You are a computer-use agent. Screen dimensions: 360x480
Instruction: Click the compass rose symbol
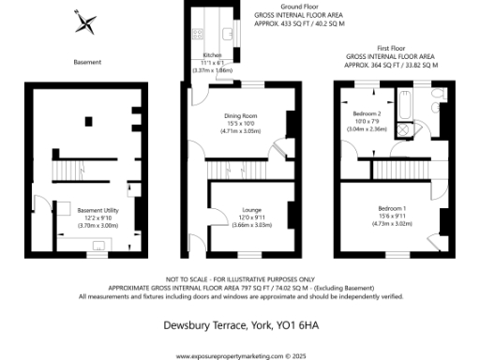click(x=85, y=20)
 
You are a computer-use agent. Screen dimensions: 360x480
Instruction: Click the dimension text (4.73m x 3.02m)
click(x=394, y=225)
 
